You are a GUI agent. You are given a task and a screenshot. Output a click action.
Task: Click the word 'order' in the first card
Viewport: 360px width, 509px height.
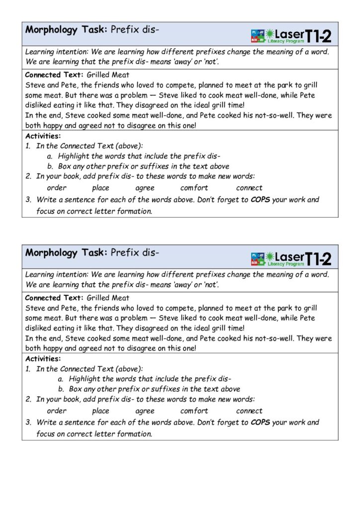point(56,188)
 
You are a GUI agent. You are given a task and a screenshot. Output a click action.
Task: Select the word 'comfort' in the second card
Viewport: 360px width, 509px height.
point(194,411)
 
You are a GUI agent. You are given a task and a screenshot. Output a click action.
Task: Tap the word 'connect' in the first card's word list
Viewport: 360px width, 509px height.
point(249,188)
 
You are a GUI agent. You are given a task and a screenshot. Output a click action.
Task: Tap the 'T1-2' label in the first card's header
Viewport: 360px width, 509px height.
point(318,35)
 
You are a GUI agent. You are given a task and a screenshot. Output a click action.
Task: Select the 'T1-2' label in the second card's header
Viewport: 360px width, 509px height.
point(318,258)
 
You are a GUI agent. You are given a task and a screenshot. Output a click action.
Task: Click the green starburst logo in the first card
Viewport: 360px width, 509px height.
point(270,34)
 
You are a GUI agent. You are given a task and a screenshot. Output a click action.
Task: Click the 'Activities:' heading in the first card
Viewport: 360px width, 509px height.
point(43,136)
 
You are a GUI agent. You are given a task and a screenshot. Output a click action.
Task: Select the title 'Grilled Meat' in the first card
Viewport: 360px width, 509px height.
point(108,75)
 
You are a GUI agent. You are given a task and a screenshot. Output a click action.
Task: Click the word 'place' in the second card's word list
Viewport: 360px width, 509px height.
point(100,411)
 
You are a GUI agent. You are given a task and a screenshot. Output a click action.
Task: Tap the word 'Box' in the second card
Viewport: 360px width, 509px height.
point(75,389)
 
